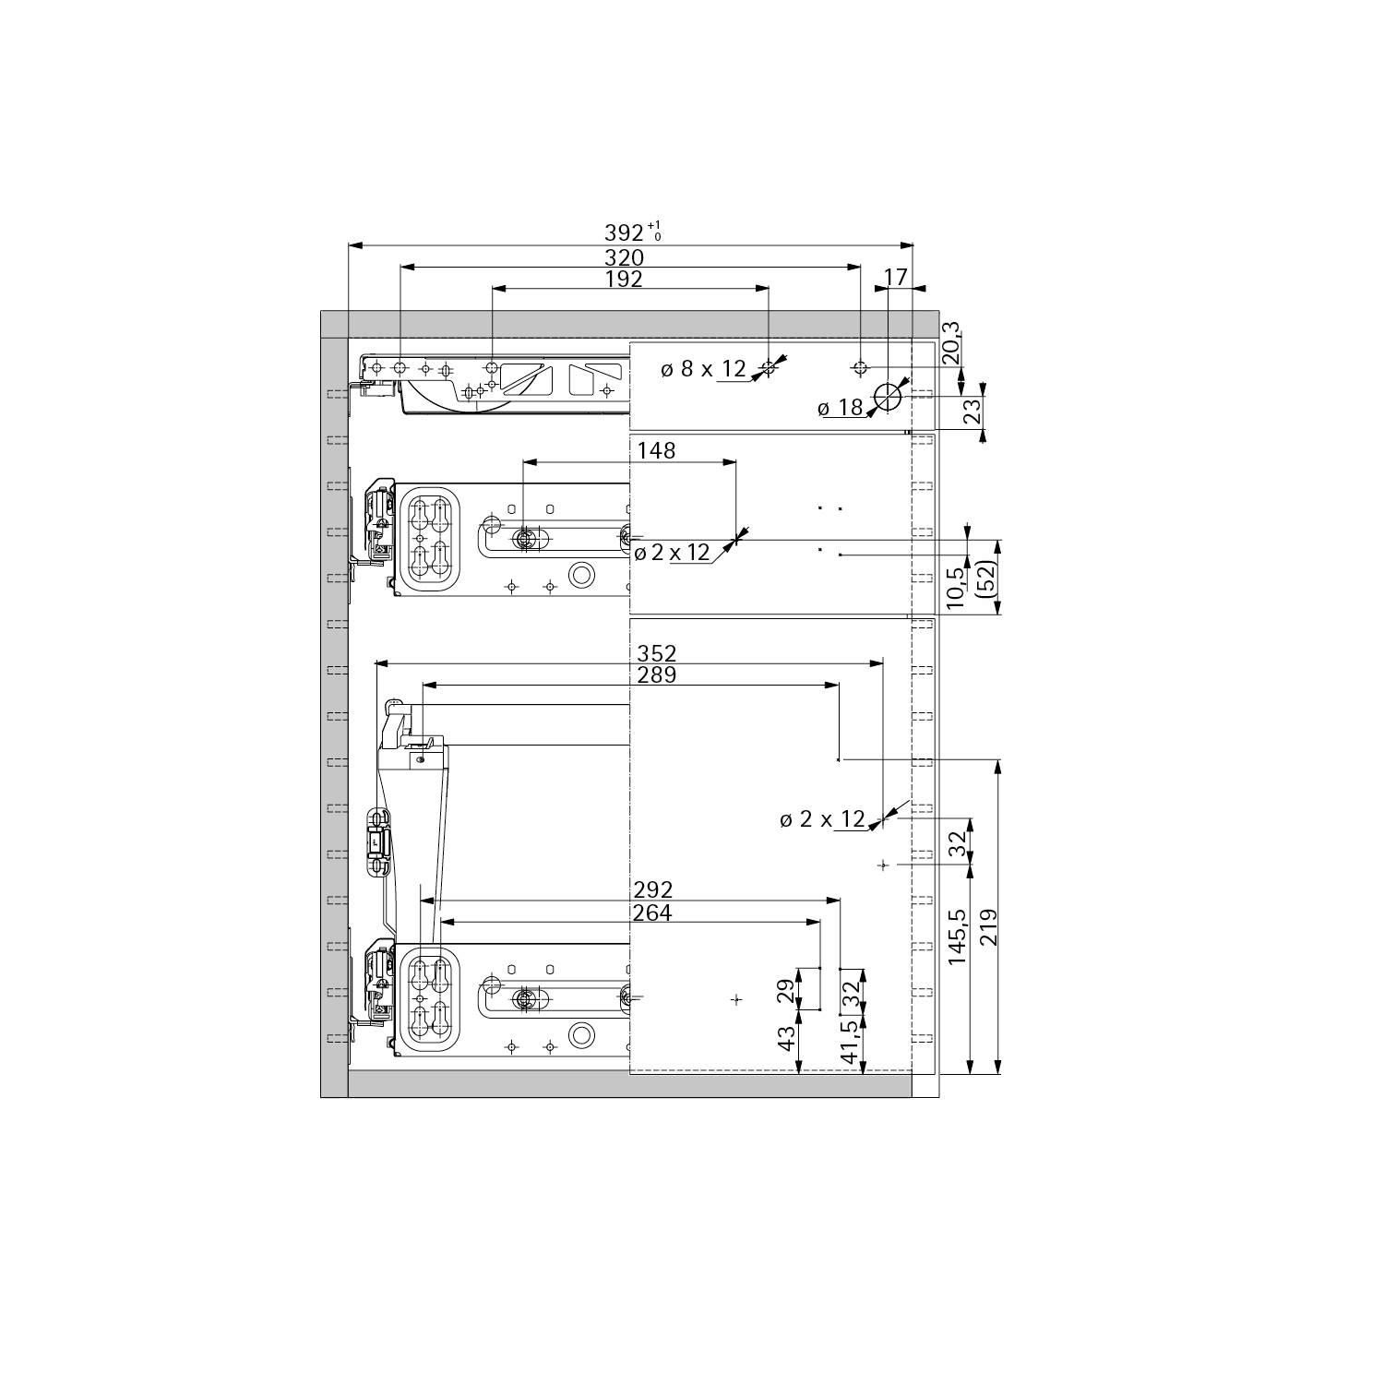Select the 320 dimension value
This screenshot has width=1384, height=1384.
pyautogui.click(x=625, y=258)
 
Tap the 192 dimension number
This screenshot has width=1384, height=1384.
pyautogui.click(x=625, y=279)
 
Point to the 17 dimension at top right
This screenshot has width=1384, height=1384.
pyautogui.click(x=895, y=277)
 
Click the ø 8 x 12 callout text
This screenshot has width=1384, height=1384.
pyautogui.click(x=703, y=369)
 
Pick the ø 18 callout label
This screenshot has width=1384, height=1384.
pyautogui.click(x=840, y=408)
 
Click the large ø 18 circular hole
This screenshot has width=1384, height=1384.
pyautogui.click(x=889, y=397)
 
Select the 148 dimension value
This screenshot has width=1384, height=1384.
pyautogui.click(x=656, y=450)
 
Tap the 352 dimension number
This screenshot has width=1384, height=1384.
pyautogui.click(x=657, y=653)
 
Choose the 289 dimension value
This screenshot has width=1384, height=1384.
pyautogui.click(x=657, y=674)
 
